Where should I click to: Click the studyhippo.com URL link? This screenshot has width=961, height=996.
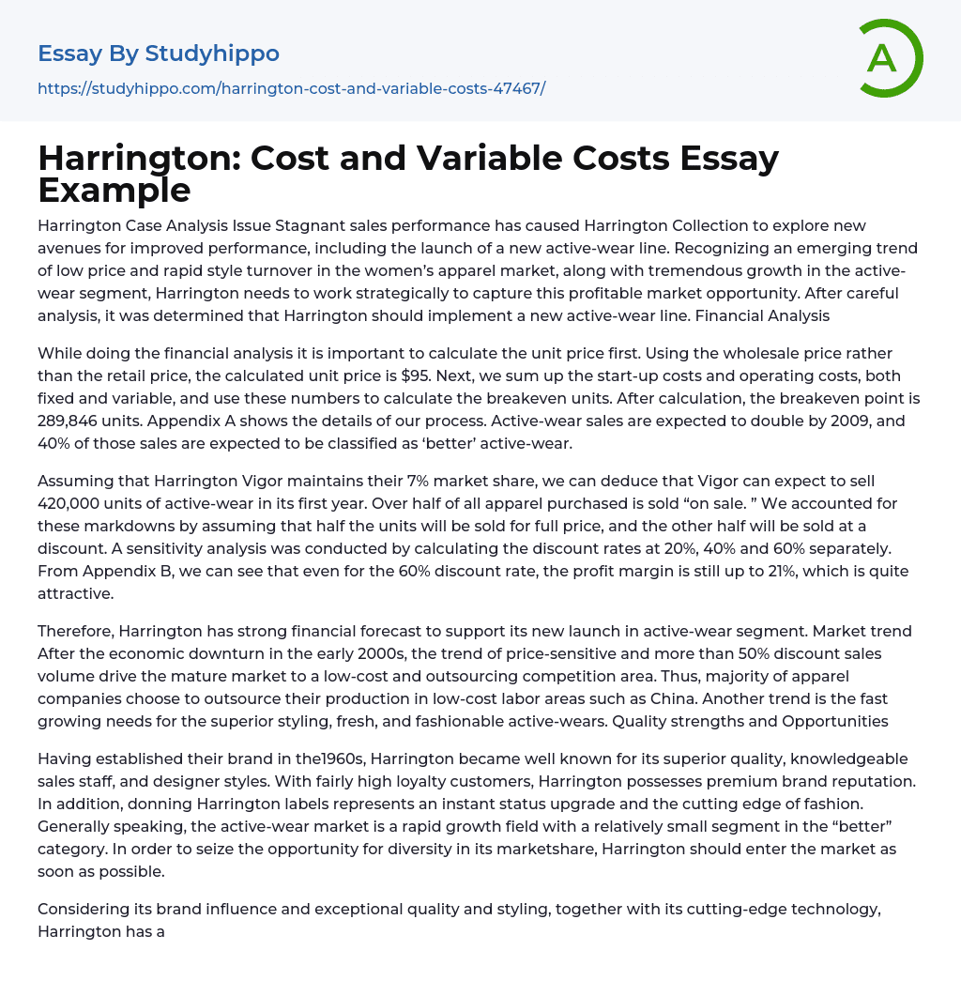coord(291,88)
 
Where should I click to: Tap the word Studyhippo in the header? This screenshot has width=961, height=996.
coord(212,54)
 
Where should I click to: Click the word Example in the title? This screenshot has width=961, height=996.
coord(114,190)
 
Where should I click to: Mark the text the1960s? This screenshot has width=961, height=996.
coord(334,758)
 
